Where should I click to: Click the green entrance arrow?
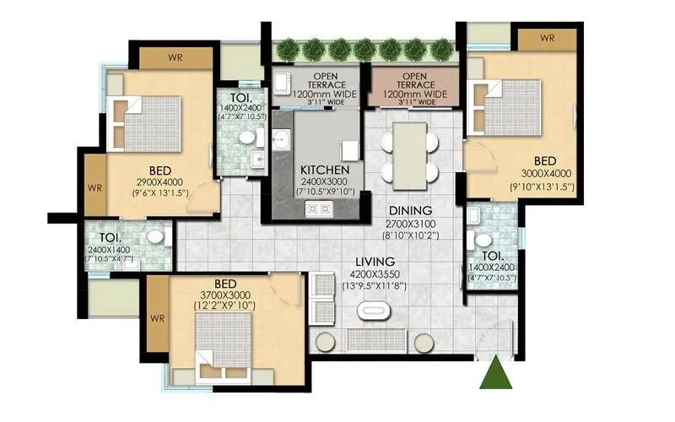click(495, 374)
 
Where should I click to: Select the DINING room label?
click(411, 210)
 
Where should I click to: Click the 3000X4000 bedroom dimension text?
click(545, 175)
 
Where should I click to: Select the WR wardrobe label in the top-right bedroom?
click(547, 39)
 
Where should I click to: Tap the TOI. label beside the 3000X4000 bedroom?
click(493, 256)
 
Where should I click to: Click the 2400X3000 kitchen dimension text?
click(324, 181)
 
